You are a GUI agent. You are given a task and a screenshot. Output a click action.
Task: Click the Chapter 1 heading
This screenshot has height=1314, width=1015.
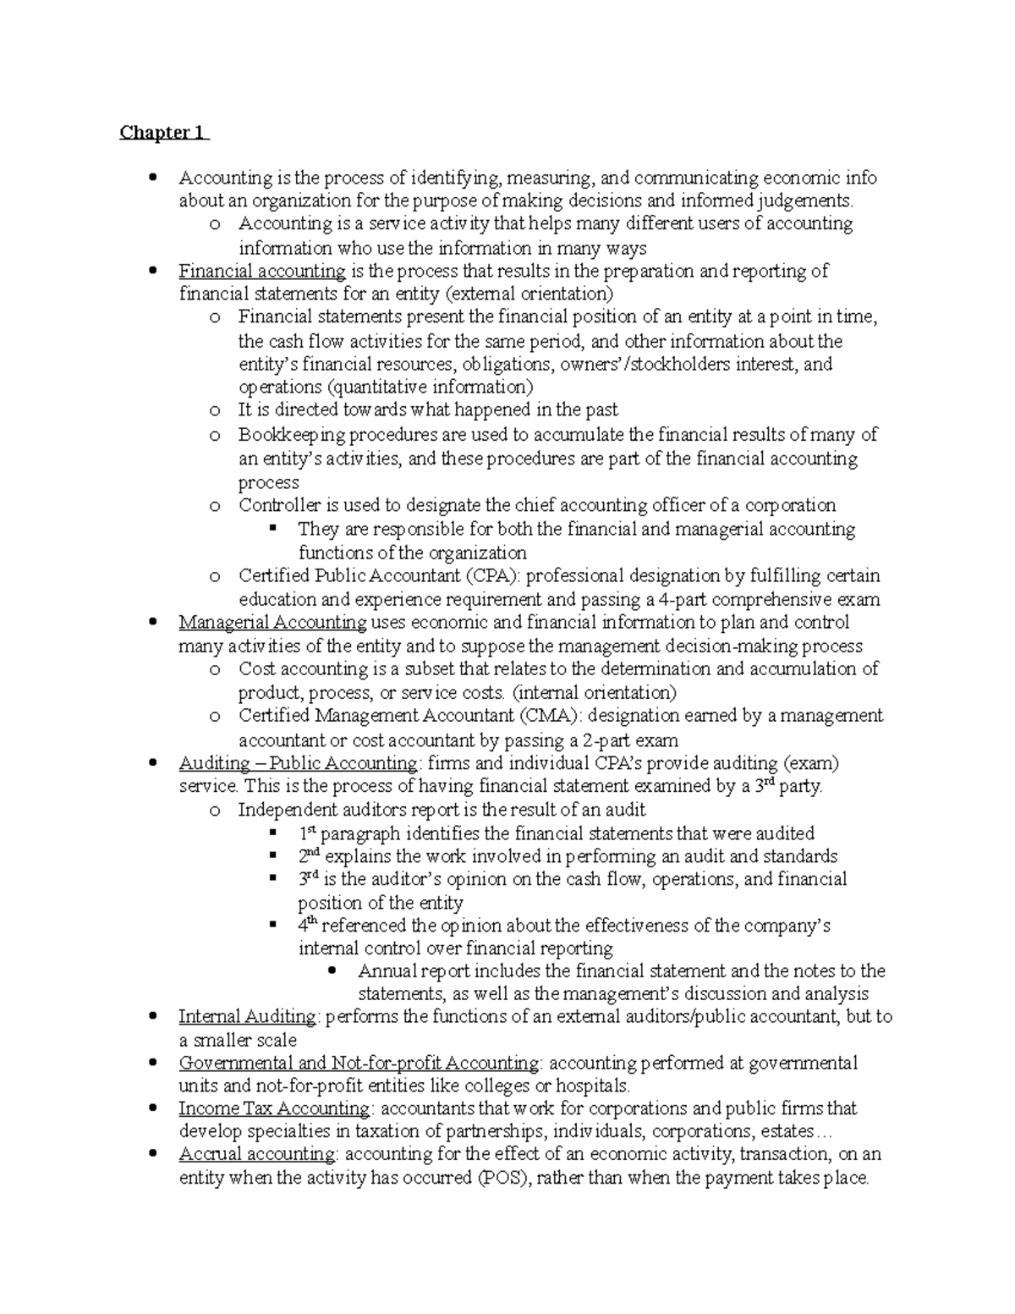[x=163, y=133]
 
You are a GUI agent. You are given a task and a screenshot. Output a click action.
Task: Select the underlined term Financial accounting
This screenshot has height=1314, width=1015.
[x=261, y=271]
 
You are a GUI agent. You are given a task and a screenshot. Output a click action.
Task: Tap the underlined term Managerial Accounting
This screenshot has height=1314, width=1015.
[x=272, y=623]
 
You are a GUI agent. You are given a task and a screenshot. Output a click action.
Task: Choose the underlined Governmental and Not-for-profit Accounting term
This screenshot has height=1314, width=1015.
[x=359, y=1063]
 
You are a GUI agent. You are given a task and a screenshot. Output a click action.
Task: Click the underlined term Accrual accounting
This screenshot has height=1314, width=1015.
[x=257, y=1154]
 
